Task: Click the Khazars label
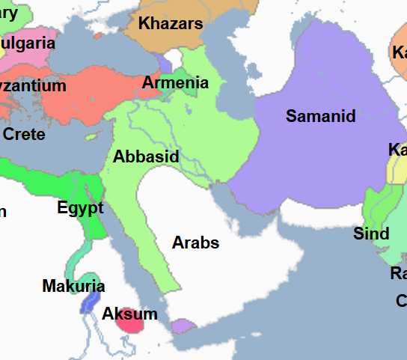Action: [x=171, y=24]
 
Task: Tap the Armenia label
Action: [x=175, y=82]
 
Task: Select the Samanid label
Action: [x=320, y=116]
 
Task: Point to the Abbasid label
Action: [x=146, y=157]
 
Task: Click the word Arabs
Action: [x=195, y=242]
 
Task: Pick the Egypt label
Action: [x=80, y=207]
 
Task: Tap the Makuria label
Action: [x=73, y=286]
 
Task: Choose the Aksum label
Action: [x=129, y=314]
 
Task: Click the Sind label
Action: [x=371, y=234]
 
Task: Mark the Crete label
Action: [x=24, y=135]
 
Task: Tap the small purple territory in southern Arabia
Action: [x=182, y=326]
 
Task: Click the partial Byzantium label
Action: [x=33, y=86]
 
